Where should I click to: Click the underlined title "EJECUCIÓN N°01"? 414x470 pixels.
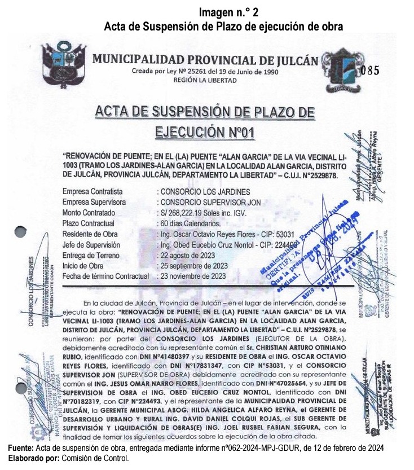pos(204,132)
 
